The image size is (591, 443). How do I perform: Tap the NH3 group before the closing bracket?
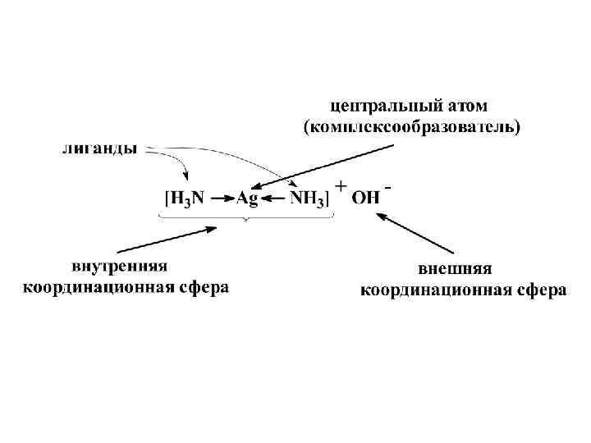[x=307, y=199]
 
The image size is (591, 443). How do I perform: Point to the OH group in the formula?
[x=366, y=199]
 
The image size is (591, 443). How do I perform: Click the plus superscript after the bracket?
[x=340, y=186]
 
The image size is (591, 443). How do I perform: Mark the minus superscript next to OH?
[x=387, y=188]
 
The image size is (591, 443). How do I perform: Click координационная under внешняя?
[x=436, y=290]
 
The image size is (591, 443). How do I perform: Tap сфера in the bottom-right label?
[x=542, y=290]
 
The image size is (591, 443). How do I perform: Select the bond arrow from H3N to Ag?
[x=222, y=199]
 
